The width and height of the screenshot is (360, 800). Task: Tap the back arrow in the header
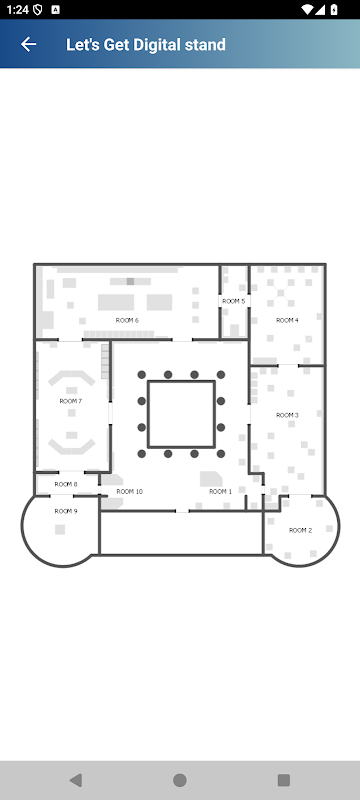[x=29, y=44]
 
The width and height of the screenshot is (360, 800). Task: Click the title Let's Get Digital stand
[x=146, y=45]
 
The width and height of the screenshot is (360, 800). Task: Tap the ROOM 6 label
[x=127, y=320]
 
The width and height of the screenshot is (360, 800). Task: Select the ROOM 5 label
[x=234, y=301]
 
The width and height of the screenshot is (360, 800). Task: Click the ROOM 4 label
[x=288, y=320]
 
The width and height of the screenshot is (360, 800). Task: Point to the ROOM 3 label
[x=288, y=415]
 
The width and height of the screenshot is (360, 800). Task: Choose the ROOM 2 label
[x=300, y=530]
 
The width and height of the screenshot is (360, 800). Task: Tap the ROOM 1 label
[x=220, y=491]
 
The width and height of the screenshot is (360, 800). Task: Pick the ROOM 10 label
[x=130, y=491]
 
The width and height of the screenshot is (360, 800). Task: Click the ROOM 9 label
[x=66, y=511]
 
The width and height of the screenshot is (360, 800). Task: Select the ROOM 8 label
[x=66, y=484]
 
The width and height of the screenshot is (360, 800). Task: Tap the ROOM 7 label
[x=71, y=401]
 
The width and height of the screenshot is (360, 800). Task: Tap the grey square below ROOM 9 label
[x=60, y=530]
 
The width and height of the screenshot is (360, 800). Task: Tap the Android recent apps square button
[x=284, y=780]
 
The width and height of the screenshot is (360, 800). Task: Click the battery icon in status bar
[x=334, y=9]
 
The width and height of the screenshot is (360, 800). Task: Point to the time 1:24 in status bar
[x=17, y=9]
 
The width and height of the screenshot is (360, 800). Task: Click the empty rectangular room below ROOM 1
[x=181, y=533]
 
